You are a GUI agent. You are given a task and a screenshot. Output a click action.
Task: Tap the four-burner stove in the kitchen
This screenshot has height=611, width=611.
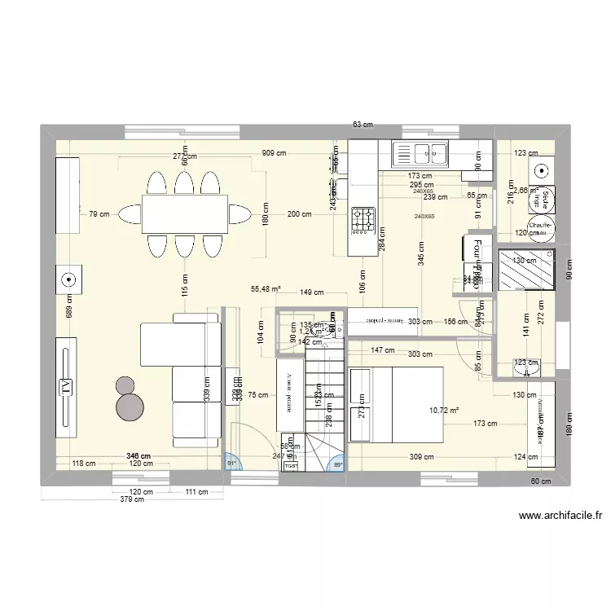363,218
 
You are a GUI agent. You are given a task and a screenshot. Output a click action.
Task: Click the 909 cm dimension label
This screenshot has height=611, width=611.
275,152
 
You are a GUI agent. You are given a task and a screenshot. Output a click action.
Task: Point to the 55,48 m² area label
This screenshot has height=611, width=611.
266,288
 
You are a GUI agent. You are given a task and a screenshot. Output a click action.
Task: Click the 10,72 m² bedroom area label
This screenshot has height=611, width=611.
444,411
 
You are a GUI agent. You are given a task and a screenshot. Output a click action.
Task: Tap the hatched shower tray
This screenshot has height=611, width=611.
526,269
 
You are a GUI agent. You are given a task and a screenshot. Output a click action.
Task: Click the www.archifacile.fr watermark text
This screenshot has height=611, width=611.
559,515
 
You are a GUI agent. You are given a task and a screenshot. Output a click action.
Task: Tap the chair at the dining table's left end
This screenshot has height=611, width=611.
130,214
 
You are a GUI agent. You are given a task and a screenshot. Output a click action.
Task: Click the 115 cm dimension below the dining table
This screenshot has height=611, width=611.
185,285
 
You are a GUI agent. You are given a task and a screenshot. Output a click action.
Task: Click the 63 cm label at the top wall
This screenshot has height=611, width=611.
363,125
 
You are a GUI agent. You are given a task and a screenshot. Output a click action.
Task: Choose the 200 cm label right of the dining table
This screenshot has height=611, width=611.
300,214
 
